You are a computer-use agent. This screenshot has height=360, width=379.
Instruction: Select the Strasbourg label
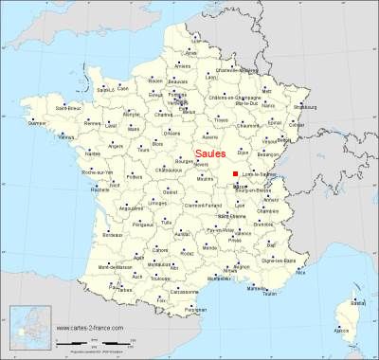tap(332, 107)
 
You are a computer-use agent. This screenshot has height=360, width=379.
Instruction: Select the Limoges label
tap(153, 203)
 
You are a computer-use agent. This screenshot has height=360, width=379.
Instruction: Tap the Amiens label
tap(183, 65)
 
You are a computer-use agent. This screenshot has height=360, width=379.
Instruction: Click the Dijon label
tap(243, 152)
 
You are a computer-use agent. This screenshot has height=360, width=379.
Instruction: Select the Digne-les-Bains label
tap(298, 258)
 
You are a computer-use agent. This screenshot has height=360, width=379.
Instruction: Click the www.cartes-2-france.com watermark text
tap(90, 328)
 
